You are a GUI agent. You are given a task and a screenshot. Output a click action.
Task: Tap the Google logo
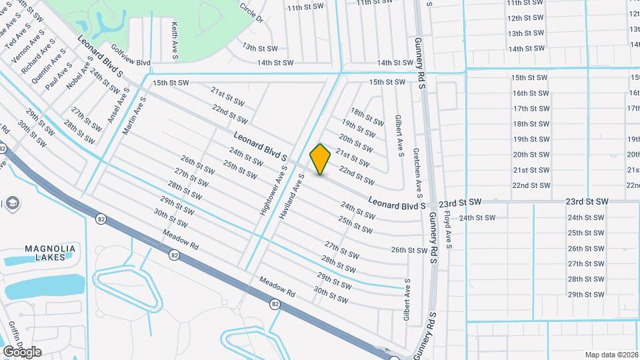[x=22, y=351]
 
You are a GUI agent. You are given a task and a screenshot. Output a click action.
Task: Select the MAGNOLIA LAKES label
[x=50, y=252]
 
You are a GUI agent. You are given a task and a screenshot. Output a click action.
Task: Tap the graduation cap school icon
[x=12, y=203]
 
